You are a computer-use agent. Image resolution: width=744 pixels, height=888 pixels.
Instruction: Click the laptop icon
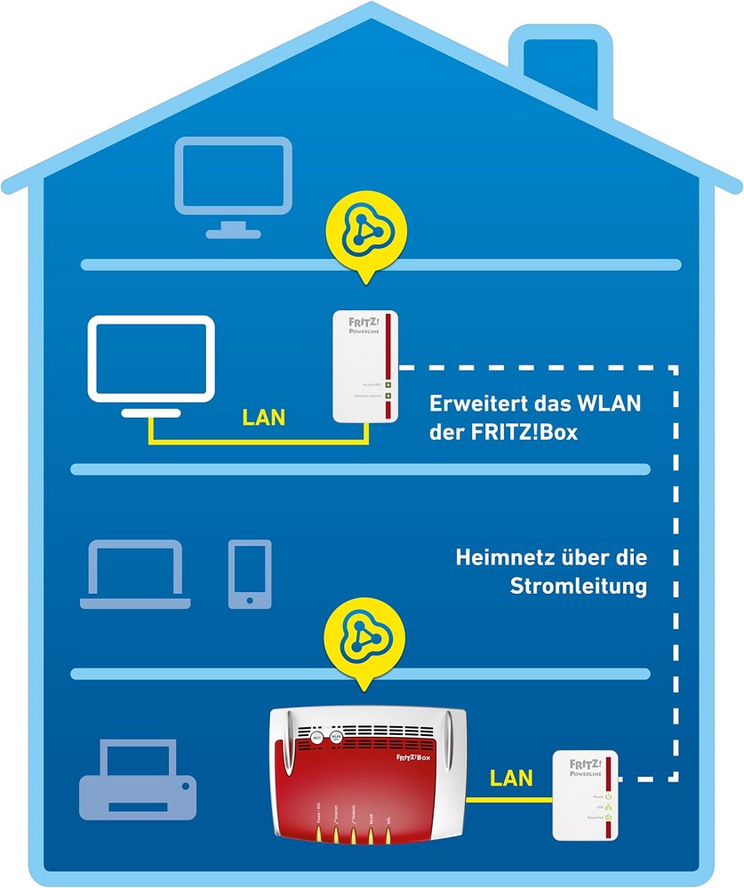pyautogui.click(x=135, y=574)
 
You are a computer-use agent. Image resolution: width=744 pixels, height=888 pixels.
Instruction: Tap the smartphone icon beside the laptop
pyautogui.click(x=250, y=573)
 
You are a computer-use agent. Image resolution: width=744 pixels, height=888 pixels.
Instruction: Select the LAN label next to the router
pyautogui.click(x=511, y=779)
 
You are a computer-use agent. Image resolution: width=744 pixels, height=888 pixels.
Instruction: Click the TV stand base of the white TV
pyautogui.click(x=150, y=412)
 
